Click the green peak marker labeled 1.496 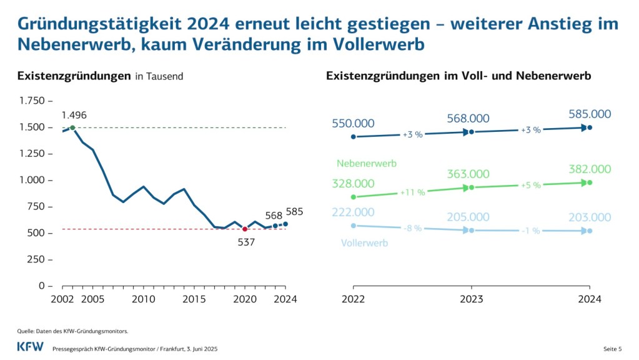click(x=72, y=127)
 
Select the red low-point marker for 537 click(x=244, y=229)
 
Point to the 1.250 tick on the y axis click(x=32, y=154)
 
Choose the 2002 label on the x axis click(x=62, y=299)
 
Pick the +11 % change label click(x=413, y=192)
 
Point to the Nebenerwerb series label click(x=367, y=164)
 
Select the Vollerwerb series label click(x=364, y=242)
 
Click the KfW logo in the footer click(x=30, y=347)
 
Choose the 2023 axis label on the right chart click(x=472, y=299)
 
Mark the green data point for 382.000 click(x=590, y=182)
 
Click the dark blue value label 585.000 click(x=589, y=114)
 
